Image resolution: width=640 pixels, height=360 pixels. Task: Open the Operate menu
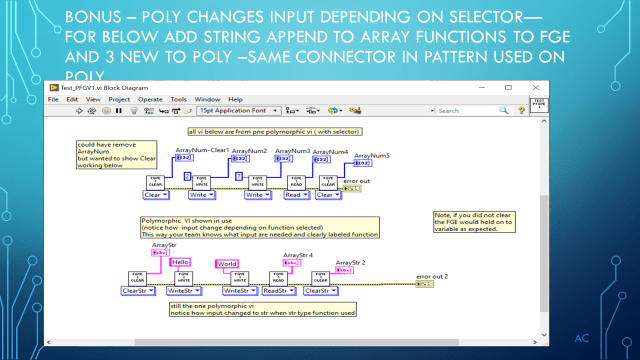[151, 99]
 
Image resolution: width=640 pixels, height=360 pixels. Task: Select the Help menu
[235, 99]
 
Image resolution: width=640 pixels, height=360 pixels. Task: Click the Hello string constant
[180, 263]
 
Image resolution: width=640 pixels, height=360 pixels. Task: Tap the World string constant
[228, 264]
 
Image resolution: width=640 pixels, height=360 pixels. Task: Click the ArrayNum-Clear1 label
[202, 150]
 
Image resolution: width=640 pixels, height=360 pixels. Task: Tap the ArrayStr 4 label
[298, 255]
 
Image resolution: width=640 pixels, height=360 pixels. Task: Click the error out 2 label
[431, 274]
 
